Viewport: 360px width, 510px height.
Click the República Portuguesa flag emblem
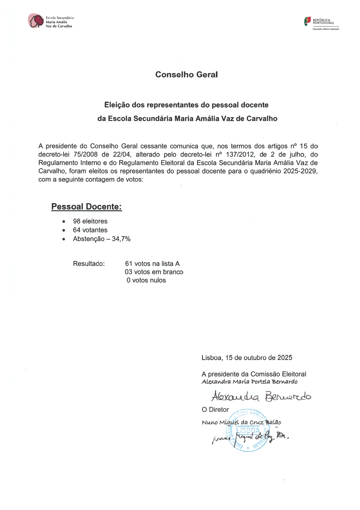(307, 21)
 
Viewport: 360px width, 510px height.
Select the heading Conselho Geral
(186, 75)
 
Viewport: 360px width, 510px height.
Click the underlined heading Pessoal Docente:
(87, 207)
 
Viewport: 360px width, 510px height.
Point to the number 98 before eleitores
(77, 221)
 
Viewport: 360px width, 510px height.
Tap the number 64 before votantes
(77, 230)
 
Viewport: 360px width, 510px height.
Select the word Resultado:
(89, 264)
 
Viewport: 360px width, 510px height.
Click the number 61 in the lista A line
(129, 264)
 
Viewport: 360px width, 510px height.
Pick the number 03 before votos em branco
(129, 272)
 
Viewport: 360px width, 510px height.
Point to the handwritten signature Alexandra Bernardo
(261, 396)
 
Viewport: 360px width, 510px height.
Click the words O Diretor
(215, 410)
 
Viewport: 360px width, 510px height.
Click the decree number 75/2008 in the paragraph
(85, 155)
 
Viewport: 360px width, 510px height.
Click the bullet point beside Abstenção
(64, 239)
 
